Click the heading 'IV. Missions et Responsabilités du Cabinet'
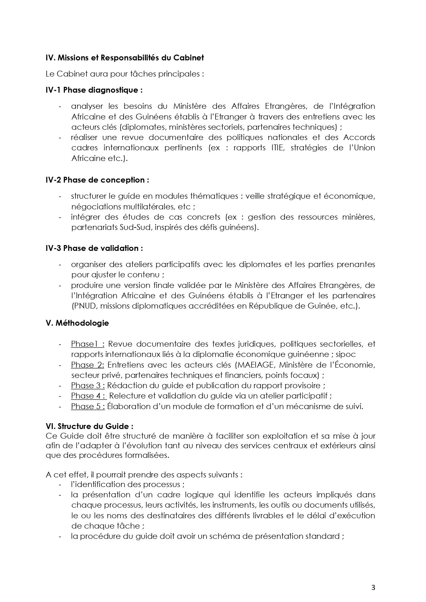click(x=125, y=58)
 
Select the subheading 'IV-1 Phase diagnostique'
click(x=94, y=90)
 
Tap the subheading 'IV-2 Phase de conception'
click(x=97, y=180)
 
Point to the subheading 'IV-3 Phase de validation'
click(x=94, y=248)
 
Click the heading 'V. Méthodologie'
click(x=77, y=323)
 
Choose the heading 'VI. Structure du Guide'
click(x=89, y=426)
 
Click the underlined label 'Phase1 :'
click(x=88, y=344)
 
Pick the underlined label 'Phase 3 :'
click(x=88, y=385)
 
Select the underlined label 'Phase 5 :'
click(x=88, y=406)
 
